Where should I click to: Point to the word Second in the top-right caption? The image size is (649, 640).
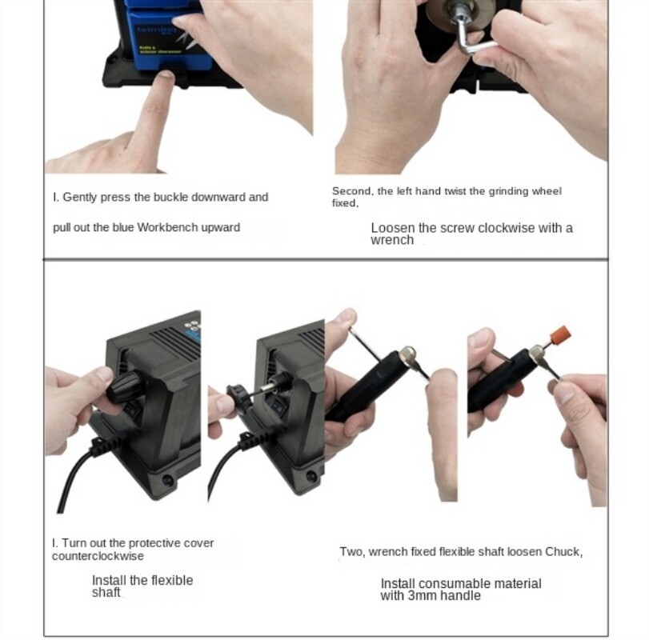351,191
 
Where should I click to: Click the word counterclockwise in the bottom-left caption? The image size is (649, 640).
98,556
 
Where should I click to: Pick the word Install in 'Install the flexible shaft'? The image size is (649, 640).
109,581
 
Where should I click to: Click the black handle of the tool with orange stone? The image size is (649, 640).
496,384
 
